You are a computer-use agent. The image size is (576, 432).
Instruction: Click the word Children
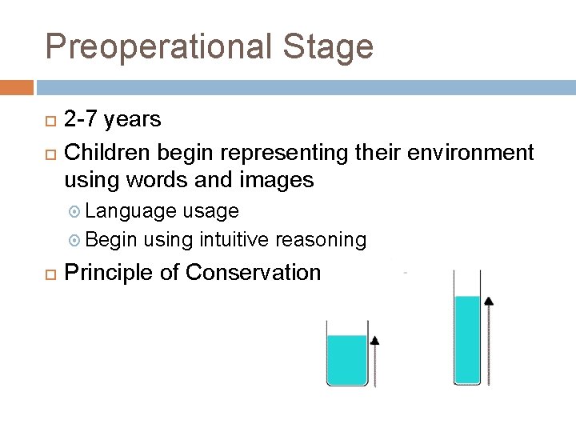[108, 152]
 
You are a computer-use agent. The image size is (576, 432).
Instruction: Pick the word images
[276, 181]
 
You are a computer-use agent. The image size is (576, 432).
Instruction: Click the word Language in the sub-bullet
[131, 211]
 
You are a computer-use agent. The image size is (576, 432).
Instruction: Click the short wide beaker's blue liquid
[346, 359]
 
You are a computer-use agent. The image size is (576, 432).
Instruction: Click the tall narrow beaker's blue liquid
[467, 339]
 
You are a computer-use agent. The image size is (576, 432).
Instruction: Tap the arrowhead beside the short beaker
[374, 340]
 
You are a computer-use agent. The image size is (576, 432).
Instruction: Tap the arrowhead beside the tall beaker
[489, 301]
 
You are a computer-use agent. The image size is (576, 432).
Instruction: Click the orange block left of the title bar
[17, 86]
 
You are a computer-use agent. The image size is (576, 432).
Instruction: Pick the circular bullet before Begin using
[76, 240]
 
